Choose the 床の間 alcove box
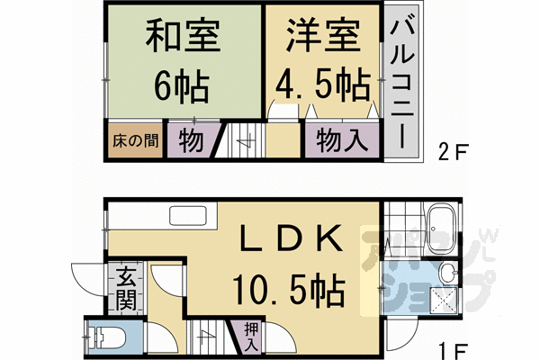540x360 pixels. (136, 141)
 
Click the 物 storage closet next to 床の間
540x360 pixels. (189, 141)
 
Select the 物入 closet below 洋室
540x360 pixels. (340, 141)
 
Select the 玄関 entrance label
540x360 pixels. (125, 288)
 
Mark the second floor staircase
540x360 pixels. (244, 141)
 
